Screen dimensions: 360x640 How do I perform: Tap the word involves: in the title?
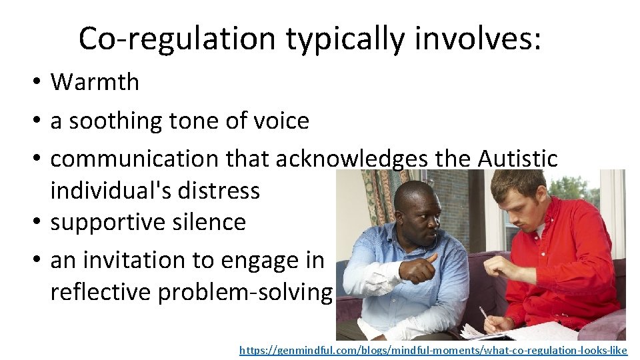coord(477,39)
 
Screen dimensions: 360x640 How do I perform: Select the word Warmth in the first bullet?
coord(95,82)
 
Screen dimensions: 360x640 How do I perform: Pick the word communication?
coord(133,159)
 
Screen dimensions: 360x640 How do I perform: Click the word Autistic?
coord(517,159)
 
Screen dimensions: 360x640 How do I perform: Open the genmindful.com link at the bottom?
coord(433,349)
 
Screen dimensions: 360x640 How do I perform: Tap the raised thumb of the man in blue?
coord(432,258)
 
